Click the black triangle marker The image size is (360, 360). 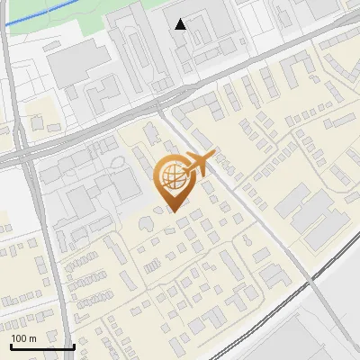click(x=181, y=24)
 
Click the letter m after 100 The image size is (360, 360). click(x=32, y=338)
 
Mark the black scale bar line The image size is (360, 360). click(x=42, y=346)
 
